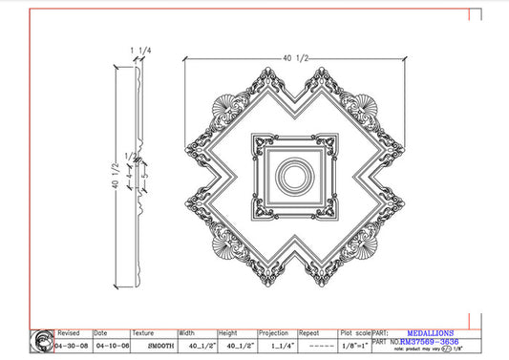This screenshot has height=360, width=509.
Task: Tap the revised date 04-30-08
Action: pyautogui.click(x=73, y=344)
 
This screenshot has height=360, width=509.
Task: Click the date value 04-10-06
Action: pyautogui.click(x=111, y=344)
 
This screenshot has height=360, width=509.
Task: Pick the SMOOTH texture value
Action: pyautogui.click(x=154, y=344)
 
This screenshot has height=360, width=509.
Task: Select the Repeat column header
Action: pyautogui.click(x=309, y=333)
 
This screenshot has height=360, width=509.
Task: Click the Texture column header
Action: pyautogui.click(x=144, y=333)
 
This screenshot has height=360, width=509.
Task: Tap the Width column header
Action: pyautogui.click(x=188, y=333)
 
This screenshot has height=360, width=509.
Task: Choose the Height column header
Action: pyautogui.click(x=228, y=333)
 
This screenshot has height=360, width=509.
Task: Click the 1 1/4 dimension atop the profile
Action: pyautogui.click(x=139, y=49)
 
